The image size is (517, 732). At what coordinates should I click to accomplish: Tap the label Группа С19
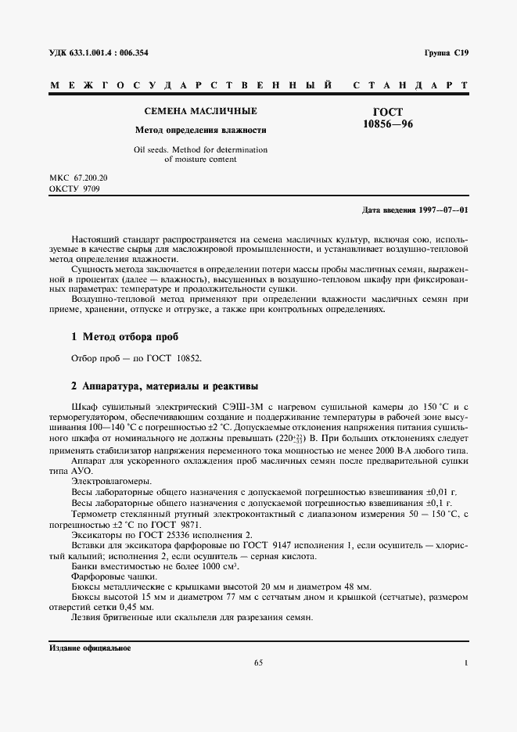point(446,52)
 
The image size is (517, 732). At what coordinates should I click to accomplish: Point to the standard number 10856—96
point(388,124)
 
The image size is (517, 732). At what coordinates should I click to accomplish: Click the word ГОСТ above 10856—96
point(388,113)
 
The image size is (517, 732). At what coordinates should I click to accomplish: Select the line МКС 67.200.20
point(78,178)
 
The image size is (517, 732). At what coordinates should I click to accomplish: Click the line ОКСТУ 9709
point(74,189)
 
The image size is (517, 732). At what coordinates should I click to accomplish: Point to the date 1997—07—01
point(441,210)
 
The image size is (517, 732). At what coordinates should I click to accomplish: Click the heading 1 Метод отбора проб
point(124,337)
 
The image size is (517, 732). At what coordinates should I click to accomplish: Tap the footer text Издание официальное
point(89,648)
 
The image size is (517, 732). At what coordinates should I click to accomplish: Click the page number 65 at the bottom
point(258,664)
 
